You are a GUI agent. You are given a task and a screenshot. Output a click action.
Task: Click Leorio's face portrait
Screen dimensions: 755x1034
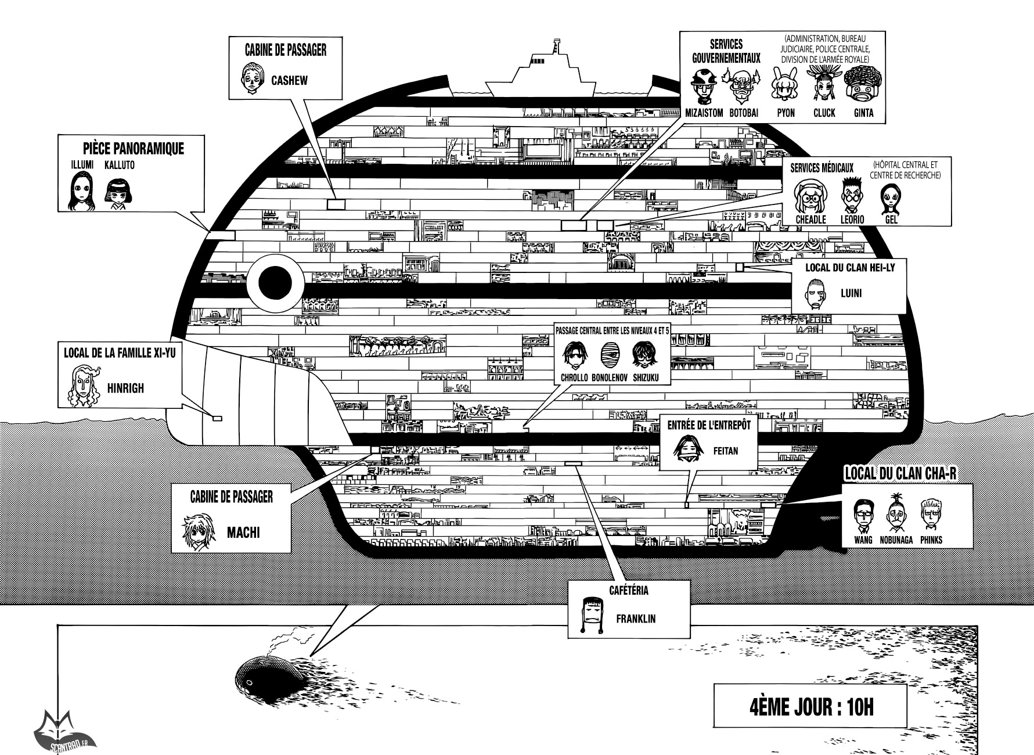click(852, 197)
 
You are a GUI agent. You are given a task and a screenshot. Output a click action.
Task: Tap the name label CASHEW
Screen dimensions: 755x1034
click(289, 80)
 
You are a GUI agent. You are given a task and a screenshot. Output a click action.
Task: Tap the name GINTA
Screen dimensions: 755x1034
click(863, 113)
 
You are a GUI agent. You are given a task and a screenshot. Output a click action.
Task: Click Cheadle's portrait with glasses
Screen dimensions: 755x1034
click(811, 197)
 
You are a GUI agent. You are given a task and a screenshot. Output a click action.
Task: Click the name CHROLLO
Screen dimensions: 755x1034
click(574, 378)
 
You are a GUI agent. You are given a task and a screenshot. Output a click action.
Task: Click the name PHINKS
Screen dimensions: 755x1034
click(931, 540)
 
